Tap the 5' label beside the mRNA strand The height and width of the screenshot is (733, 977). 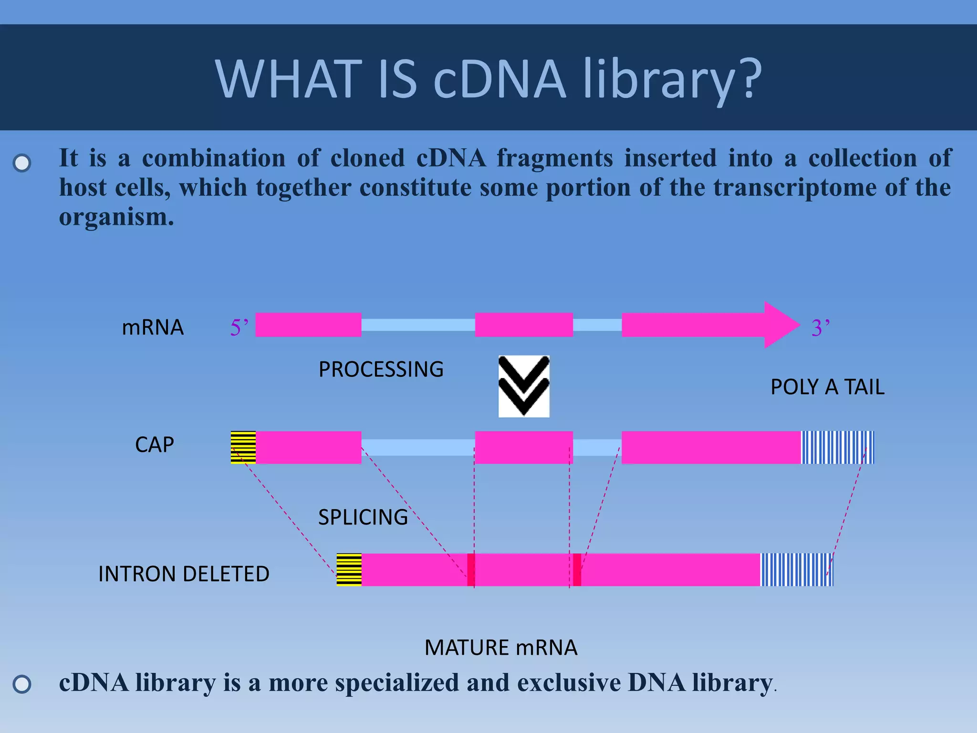pos(239,327)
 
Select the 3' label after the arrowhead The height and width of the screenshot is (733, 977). pos(821,328)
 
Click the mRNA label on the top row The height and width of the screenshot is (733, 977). pos(153,328)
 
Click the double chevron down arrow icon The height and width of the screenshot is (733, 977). pos(524,386)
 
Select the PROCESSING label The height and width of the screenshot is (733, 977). pos(381,369)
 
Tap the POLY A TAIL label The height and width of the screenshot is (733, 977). pos(827,387)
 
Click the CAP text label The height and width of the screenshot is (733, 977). pos(154,445)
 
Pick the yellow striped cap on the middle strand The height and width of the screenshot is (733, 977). pos(243,447)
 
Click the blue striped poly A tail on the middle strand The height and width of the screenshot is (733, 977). pos(837,447)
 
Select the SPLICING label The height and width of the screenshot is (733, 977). pos(363,517)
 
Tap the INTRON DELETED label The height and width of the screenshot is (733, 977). pos(184,574)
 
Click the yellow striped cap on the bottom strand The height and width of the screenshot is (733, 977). pos(349,569)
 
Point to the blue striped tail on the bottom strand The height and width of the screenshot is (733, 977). pos(796,569)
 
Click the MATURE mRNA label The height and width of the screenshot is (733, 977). pos(501,648)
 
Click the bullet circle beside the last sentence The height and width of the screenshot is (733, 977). pos(22,684)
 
